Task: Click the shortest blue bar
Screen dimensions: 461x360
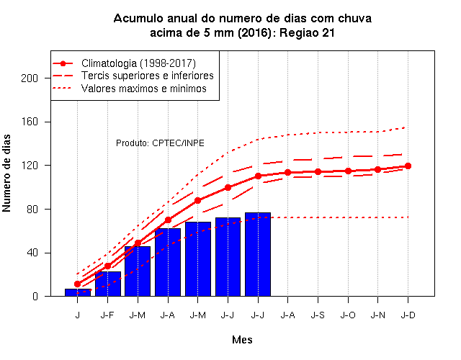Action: pyautogui.click(x=78, y=292)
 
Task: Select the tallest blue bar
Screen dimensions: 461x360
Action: pyautogui.click(x=258, y=254)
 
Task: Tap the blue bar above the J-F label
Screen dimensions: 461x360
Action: pyautogui.click(x=108, y=284)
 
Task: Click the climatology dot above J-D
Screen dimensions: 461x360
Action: pyautogui.click(x=408, y=166)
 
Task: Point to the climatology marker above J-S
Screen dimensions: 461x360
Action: pyautogui.click(x=318, y=171)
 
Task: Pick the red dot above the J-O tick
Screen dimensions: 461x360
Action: pyautogui.click(x=348, y=171)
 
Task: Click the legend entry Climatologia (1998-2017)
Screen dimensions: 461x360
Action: pyautogui.click(x=138, y=63)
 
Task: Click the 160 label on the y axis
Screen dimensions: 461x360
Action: pyautogui.click(x=30, y=122)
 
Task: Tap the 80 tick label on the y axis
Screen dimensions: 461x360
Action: pyautogui.click(x=32, y=210)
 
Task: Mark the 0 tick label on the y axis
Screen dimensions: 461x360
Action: pyautogui.click(x=35, y=296)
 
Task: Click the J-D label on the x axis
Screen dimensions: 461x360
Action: pyautogui.click(x=408, y=315)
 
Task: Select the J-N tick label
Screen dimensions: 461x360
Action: pyautogui.click(x=377, y=315)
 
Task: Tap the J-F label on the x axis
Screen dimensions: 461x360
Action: pyautogui.click(x=107, y=315)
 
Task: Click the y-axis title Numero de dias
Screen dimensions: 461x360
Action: pyautogui.click(x=6, y=174)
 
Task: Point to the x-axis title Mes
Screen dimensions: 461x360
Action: pyautogui.click(x=242, y=340)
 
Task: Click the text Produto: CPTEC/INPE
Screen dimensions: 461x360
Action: pyautogui.click(x=160, y=143)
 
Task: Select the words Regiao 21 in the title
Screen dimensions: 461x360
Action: pyautogui.click(x=307, y=32)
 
